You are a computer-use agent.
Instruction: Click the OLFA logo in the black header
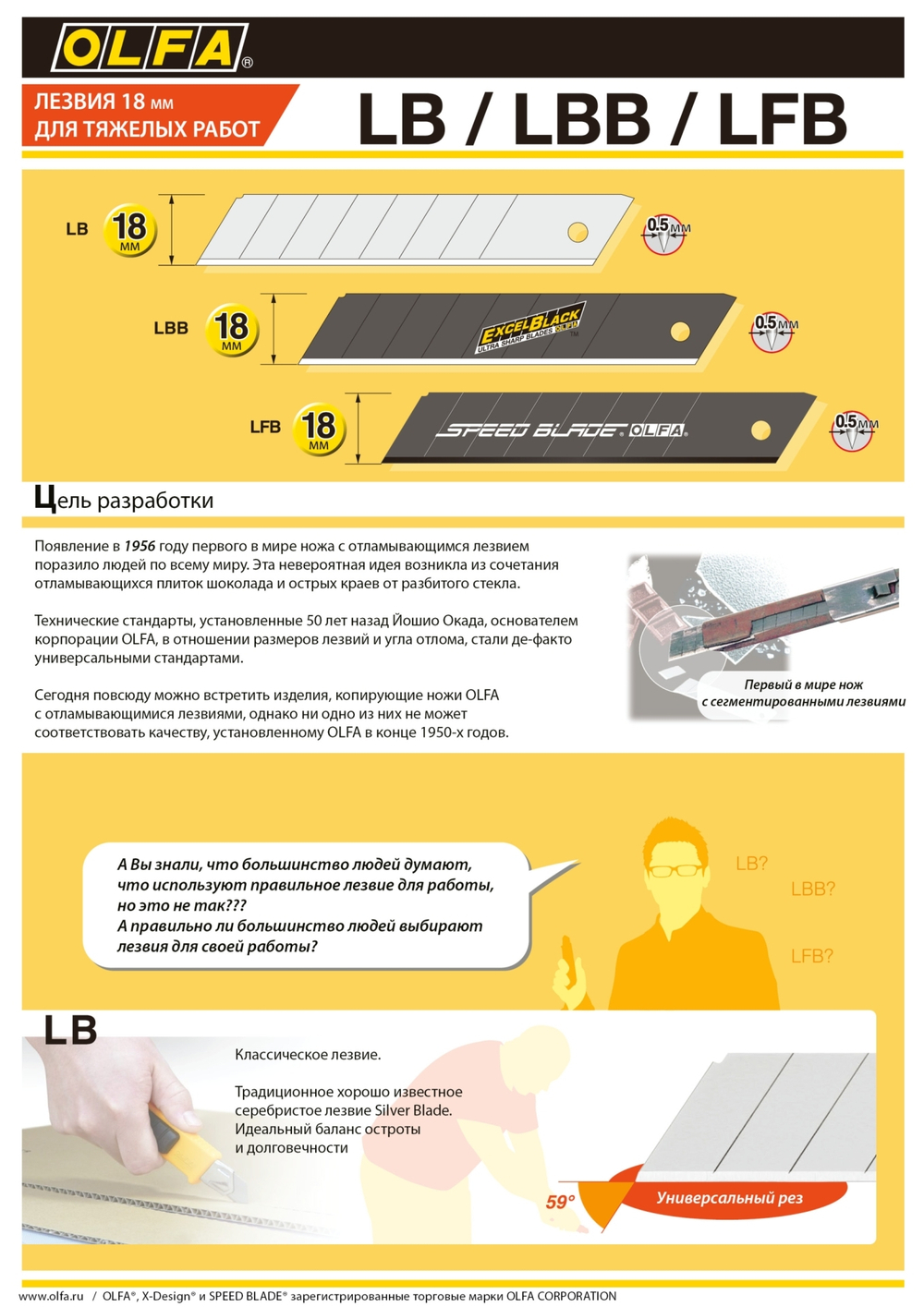pos(151,48)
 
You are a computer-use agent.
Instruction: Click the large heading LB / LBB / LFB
pos(601,119)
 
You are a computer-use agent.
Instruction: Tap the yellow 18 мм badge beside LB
pos(129,229)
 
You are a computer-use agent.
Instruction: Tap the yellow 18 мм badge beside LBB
pos(231,330)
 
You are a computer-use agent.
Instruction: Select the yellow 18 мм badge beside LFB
pos(319,429)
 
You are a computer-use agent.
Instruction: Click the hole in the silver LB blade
pos(577,232)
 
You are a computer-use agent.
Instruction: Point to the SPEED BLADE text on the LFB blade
pos(530,430)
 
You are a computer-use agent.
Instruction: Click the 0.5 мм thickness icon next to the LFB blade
pos(852,430)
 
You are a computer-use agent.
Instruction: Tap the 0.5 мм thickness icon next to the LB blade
pos(664,234)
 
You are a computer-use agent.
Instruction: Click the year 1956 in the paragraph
pos(140,546)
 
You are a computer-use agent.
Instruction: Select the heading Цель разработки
pos(124,500)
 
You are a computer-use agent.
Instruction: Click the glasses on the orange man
pos(675,869)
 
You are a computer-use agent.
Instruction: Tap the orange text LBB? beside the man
pos(812,889)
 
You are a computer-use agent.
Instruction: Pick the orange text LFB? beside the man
pos(811,956)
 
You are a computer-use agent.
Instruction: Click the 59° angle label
pos(560,1202)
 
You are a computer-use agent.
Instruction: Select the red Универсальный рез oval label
pos(729,1198)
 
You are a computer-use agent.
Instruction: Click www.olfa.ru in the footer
pos(51,1296)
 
